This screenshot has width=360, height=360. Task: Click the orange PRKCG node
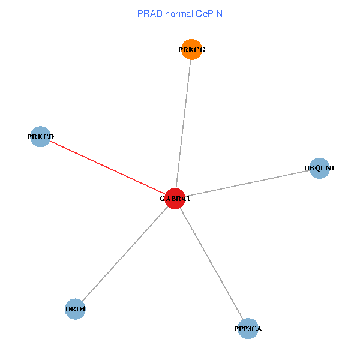click(x=191, y=50)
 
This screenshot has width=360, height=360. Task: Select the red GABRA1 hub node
click(x=175, y=199)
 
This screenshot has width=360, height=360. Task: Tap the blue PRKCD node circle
click(x=40, y=136)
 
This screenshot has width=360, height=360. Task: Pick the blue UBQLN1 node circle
click(x=319, y=168)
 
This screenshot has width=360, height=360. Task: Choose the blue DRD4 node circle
click(x=75, y=309)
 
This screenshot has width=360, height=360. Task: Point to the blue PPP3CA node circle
click(x=248, y=328)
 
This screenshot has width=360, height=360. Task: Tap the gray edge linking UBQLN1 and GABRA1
click(x=247, y=183)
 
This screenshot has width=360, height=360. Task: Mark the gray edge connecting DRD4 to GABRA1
click(x=125, y=254)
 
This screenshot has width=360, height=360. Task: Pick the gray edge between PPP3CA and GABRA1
click(x=211, y=263)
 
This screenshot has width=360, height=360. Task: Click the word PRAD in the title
click(x=148, y=13)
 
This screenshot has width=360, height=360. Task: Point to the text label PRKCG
click(x=191, y=50)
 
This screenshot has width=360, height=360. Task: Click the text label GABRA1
click(x=175, y=199)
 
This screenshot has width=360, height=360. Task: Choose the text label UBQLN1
click(x=319, y=168)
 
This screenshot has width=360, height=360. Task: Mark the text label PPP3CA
click(x=248, y=329)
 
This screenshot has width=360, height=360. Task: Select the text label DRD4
click(x=75, y=310)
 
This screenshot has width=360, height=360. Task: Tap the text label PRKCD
click(x=40, y=137)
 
